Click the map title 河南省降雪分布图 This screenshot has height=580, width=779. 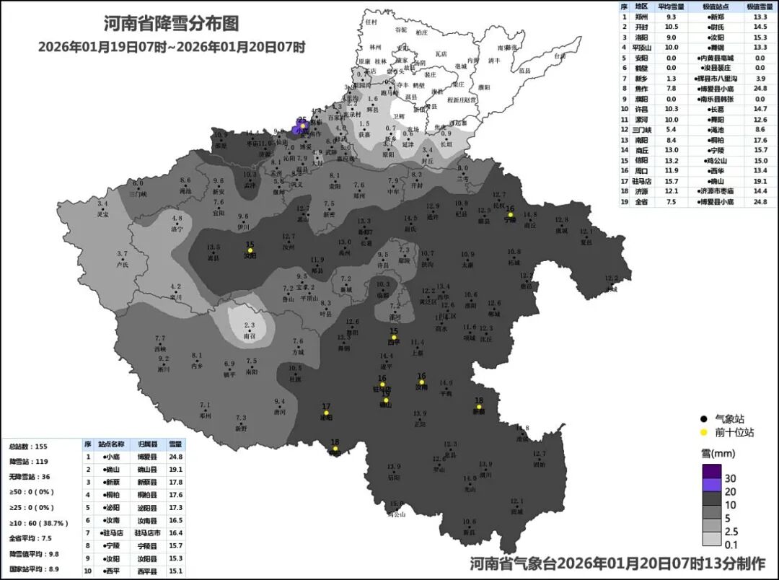171,24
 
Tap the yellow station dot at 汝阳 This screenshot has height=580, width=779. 250,250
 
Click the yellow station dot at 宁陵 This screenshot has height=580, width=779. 511,214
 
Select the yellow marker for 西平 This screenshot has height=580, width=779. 394,337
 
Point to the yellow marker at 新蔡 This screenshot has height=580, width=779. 478,406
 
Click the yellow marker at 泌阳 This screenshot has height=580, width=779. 326,413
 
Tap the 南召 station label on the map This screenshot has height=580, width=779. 250,336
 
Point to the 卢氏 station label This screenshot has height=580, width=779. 122,265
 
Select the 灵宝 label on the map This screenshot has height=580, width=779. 103,214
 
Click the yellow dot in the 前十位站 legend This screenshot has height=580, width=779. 703,433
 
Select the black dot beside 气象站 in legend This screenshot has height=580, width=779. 703,418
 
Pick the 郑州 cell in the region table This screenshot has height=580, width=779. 641,16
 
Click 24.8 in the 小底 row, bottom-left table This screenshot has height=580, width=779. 175,457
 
